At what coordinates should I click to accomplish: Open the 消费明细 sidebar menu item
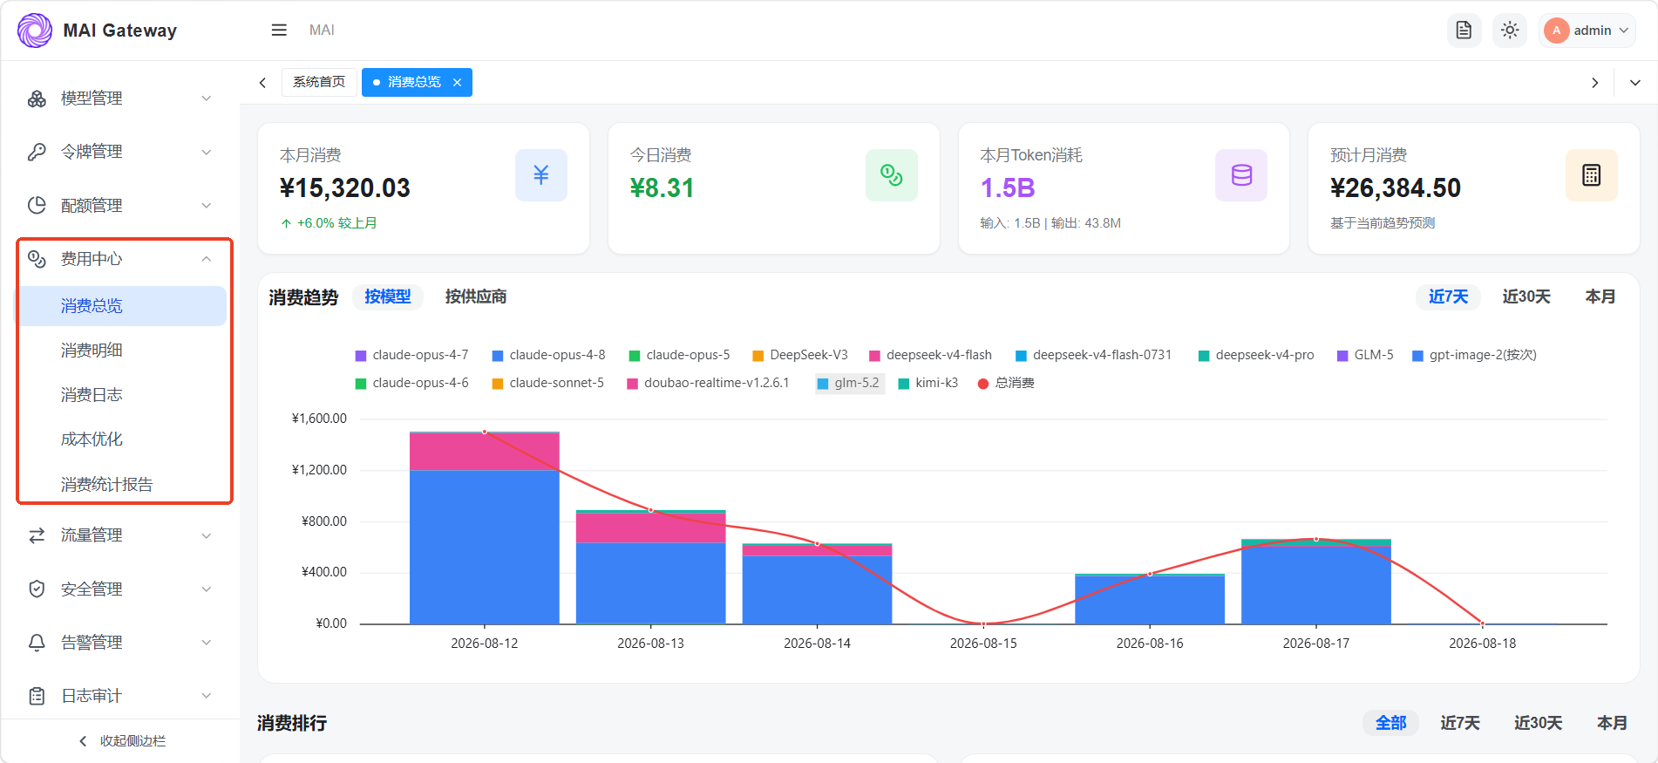(x=92, y=351)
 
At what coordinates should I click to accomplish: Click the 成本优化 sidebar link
(x=92, y=439)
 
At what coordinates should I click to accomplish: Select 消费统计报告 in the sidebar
(x=106, y=485)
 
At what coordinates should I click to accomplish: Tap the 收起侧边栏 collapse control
(x=122, y=741)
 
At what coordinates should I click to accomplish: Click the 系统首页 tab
(x=319, y=82)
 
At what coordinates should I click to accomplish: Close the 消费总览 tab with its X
(x=457, y=82)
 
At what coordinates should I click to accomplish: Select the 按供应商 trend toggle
(x=476, y=296)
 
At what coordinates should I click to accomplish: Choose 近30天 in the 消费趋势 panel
(x=1526, y=296)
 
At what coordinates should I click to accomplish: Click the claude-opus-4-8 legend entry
(x=548, y=355)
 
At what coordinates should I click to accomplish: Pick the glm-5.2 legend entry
(x=849, y=383)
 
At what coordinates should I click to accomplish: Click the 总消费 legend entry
(x=1006, y=383)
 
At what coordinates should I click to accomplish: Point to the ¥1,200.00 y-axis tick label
(x=319, y=470)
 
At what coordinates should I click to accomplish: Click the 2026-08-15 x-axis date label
(x=983, y=644)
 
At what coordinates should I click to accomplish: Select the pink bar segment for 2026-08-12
(x=485, y=452)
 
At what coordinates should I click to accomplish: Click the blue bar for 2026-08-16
(x=1150, y=600)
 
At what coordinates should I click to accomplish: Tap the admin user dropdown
(x=1587, y=31)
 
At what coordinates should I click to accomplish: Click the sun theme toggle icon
(x=1510, y=31)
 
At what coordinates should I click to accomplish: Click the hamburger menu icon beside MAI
(x=279, y=31)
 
